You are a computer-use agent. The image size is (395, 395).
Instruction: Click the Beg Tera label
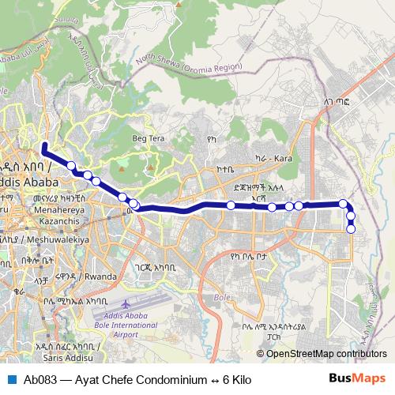pyautogui.click(x=149, y=139)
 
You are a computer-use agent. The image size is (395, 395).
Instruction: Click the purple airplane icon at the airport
pyautogui.click(x=128, y=303)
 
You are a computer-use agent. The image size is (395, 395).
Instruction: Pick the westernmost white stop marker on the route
pyautogui.click(x=72, y=166)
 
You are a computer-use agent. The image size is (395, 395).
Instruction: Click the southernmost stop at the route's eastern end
pyautogui.click(x=351, y=230)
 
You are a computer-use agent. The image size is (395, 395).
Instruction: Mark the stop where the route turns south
pyautogui.click(x=344, y=205)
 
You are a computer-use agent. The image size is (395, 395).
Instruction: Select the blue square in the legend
pyautogui.click(x=13, y=379)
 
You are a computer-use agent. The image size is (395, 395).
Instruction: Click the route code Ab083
pyautogui.click(x=40, y=379)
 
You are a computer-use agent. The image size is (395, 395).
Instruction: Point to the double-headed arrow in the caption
pyautogui.click(x=212, y=379)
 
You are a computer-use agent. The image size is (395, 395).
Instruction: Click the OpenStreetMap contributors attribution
pyautogui.click(x=326, y=353)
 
